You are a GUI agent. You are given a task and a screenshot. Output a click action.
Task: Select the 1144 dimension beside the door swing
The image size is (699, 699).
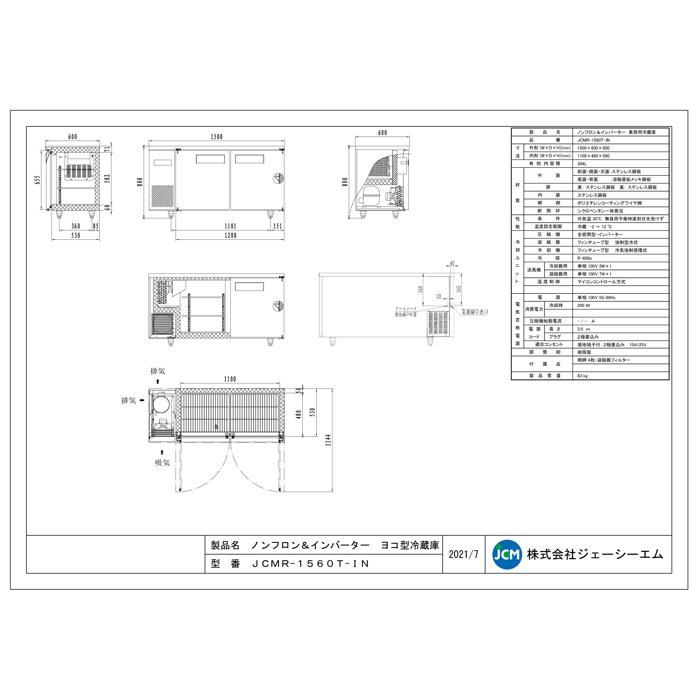click(x=328, y=440)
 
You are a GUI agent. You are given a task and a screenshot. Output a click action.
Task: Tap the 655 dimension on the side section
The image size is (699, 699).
click(x=37, y=180)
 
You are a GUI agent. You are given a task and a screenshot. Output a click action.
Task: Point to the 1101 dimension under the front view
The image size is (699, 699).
click(x=230, y=226)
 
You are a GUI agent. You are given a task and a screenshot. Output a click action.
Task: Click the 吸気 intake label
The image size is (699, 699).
click(x=162, y=463)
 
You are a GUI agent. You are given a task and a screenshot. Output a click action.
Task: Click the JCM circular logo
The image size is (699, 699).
click(x=507, y=554)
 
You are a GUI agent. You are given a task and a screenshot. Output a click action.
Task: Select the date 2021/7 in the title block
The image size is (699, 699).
click(x=463, y=554)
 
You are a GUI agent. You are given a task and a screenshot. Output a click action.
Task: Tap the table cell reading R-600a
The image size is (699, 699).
click(x=584, y=258)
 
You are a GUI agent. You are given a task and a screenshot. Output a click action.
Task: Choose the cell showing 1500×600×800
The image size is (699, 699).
click(x=593, y=148)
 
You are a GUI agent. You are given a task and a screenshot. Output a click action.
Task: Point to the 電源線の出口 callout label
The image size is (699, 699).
click(x=475, y=312)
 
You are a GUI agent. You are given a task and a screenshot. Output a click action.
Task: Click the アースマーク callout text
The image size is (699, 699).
click(x=406, y=309)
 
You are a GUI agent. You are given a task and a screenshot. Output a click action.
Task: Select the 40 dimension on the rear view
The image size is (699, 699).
click(x=452, y=263)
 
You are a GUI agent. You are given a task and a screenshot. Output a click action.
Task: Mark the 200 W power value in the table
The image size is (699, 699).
click(x=584, y=305)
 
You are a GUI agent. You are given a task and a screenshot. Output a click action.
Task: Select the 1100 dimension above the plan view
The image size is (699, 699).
click(x=230, y=379)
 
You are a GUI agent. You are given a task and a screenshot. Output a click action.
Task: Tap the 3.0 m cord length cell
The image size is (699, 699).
click(x=584, y=329)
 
